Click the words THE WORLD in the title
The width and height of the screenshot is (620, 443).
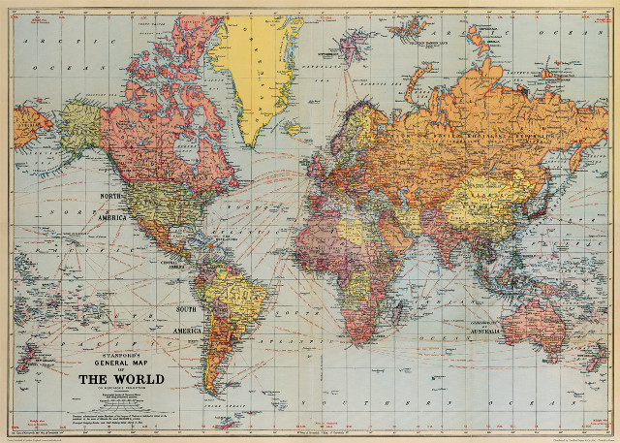point(120,378)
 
